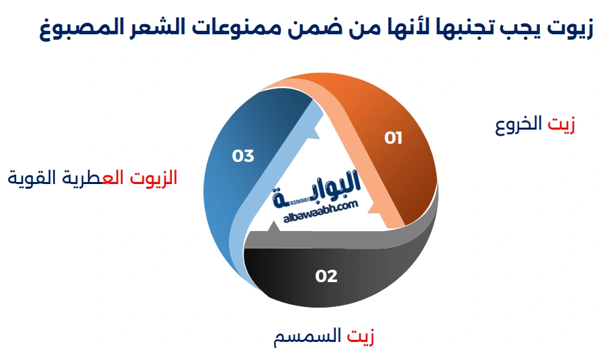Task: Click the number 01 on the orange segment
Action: point(393,138)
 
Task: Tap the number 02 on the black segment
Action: point(326,276)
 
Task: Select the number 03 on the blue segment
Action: point(243,156)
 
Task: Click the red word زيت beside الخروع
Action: point(561,126)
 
